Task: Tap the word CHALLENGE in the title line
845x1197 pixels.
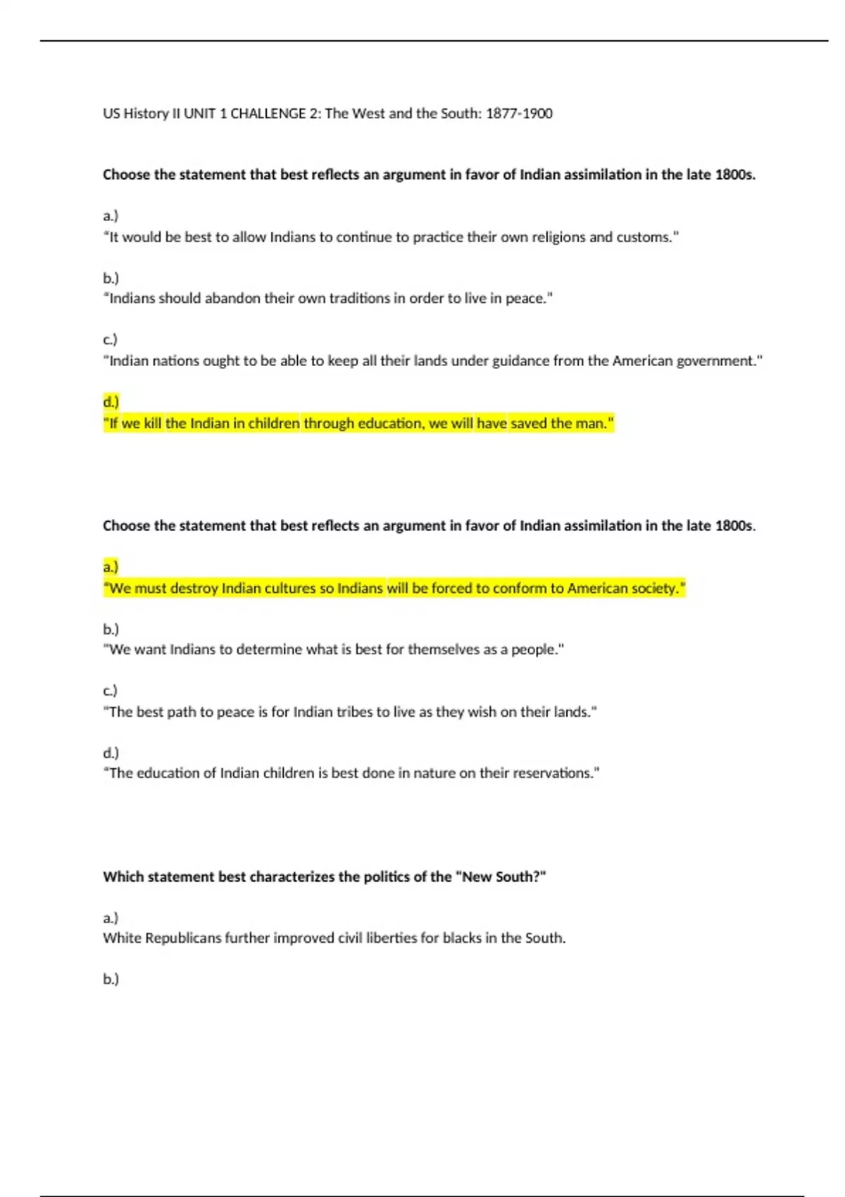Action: pyautogui.click(x=268, y=113)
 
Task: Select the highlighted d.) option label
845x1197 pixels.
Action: pyautogui.click(x=111, y=402)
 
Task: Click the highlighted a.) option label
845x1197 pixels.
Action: pyautogui.click(x=111, y=567)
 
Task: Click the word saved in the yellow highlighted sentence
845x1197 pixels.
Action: pyautogui.click(x=528, y=423)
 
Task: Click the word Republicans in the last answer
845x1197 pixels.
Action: pyautogui.click(x=183, y=938)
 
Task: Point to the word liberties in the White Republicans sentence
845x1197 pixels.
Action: pyautogui.click(x=388, y=938)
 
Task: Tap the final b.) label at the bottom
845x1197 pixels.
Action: pyautogui.click(x=111, y=979)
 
